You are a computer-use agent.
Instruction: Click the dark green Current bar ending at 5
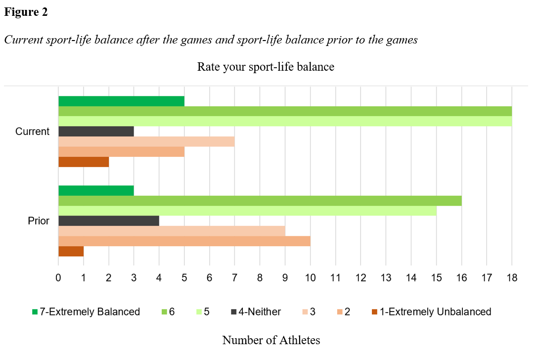tap(121, 101)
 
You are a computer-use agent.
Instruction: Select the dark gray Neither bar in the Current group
tap(96, 132)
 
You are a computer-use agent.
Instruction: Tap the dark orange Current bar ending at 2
tap(84, 162)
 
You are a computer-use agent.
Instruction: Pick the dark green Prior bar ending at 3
tap(96, 190)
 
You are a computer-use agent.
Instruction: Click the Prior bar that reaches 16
tap(260, 201)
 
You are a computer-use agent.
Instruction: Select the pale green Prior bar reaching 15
tap(247, 211)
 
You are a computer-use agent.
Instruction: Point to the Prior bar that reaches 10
tap(184, 241)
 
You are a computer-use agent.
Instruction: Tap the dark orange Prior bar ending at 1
tap(71, 251)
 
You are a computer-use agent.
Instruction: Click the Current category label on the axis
tap(33, 132)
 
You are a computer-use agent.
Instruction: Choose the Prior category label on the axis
tap(39, 221)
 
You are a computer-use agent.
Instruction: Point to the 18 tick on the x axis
tap(512, 278)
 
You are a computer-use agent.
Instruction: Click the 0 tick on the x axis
tap(58, 278)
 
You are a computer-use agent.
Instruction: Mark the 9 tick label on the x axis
tap(285, 278)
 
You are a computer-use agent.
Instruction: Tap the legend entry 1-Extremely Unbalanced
tap(435, 312)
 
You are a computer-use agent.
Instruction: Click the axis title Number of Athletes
tap(271, 340)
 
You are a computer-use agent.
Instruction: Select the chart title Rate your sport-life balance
tap(266, 67)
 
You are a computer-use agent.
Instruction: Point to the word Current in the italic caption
tap(22, 40)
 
